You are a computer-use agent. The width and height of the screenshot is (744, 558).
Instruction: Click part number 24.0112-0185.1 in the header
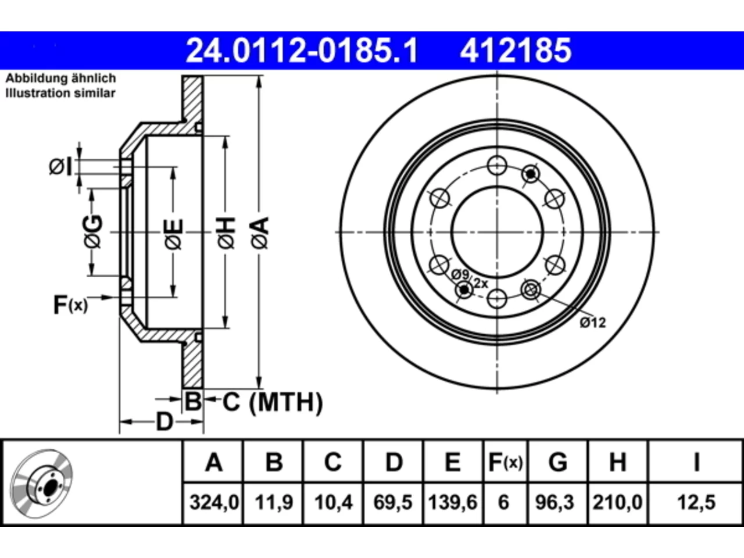point(302,51)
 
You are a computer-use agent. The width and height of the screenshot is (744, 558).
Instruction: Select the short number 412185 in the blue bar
point(516,51)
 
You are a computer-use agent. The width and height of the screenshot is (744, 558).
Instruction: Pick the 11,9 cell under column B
point(274,502)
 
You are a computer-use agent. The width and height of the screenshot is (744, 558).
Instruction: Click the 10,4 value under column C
point(334,502)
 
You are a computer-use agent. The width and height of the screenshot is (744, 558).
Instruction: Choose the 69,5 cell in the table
point(393,502)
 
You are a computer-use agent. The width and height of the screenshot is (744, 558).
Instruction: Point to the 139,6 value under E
point(453,502)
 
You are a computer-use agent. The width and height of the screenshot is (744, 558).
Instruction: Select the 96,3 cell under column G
point(555,502)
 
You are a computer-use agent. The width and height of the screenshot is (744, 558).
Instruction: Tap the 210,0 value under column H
point(617,502)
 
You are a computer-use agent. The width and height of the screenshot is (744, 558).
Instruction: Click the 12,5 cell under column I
point(696,502)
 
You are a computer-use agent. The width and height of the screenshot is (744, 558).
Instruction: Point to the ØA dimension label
point(260,233)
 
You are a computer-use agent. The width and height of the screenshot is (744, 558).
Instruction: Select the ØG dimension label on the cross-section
point(92,231)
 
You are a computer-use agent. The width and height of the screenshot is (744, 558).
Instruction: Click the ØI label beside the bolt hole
point(60,166)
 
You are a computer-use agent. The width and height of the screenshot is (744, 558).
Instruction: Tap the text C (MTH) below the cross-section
point(273,402)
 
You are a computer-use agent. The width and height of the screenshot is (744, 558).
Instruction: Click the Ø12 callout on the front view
point(593,323)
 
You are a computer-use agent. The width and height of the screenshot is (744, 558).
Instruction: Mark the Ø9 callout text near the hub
point(460,274)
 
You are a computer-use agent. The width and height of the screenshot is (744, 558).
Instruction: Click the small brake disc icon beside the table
point(41,484)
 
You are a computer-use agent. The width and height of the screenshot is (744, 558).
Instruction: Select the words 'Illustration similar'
point(60,93)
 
